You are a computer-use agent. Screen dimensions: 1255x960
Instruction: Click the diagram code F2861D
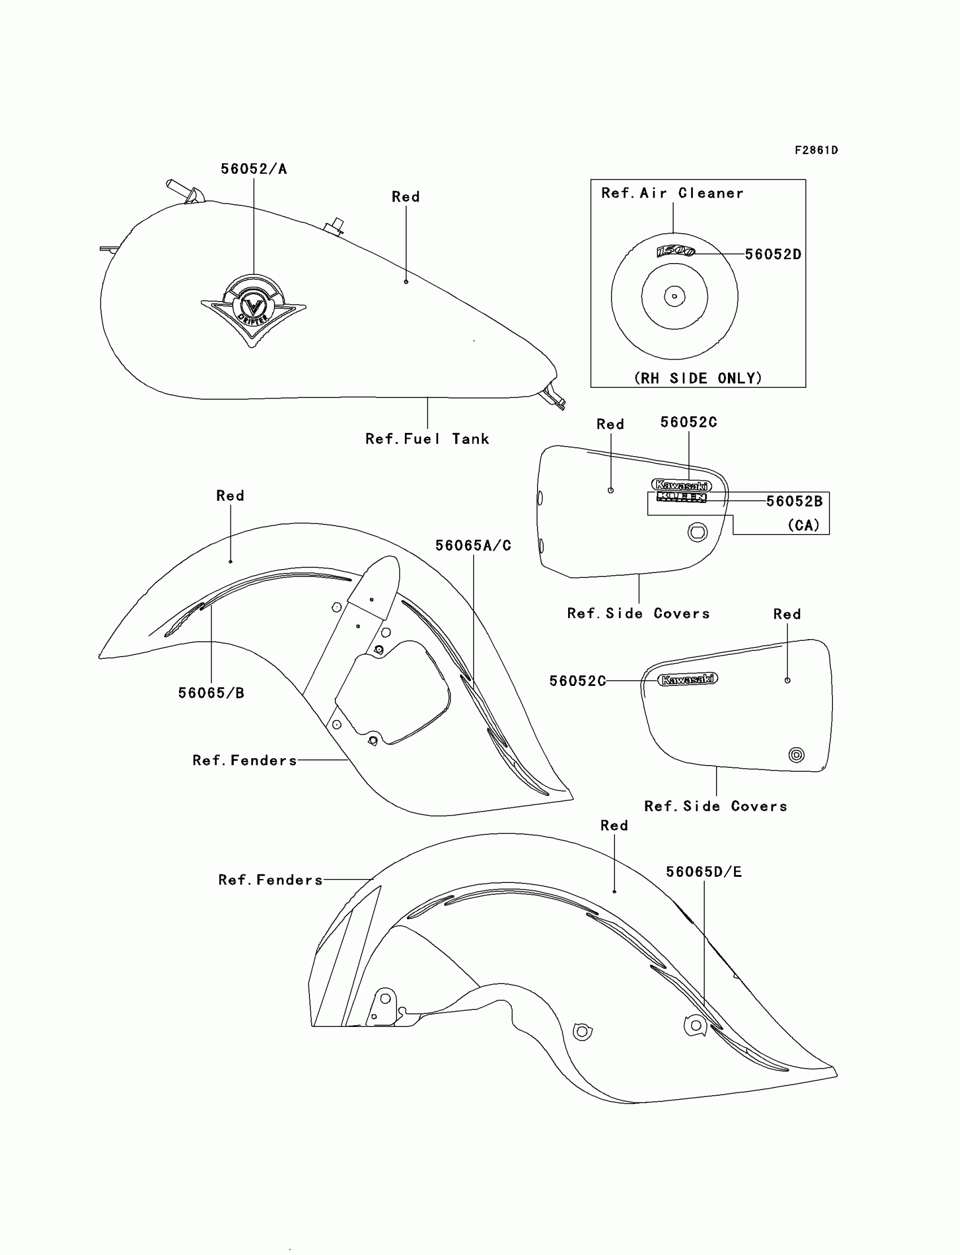(816, 150)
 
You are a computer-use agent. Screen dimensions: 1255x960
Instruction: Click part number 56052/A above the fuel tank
(254, 169)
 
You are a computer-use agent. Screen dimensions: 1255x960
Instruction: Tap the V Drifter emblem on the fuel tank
(253, 309)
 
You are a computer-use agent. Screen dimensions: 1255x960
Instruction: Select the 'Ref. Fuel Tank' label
(427, 439)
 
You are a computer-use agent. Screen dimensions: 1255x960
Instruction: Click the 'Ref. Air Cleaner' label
(672, 193)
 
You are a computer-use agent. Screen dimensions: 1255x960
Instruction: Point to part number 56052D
(773, 254)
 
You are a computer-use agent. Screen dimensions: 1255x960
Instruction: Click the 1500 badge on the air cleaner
(675, 251)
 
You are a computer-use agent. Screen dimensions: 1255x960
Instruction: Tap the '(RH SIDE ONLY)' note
(698, 378)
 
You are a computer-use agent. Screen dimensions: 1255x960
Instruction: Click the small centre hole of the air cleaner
(674, 296)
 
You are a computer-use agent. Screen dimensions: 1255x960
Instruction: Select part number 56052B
(794, 501)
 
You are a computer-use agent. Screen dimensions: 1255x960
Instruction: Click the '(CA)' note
(804, 525)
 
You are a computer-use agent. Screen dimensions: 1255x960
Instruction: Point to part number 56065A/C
(473, 545)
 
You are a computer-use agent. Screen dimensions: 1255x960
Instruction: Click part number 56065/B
(211, 693)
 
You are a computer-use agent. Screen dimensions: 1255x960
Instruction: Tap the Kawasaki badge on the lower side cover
(687, 679)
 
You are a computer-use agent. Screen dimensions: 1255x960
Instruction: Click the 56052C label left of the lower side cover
(577, 681)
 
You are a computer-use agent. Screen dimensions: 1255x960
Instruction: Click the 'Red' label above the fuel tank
(405, 196)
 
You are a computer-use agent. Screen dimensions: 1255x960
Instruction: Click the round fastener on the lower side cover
(796, 755)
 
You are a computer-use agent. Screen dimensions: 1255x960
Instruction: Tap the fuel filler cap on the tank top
(334, 226)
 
